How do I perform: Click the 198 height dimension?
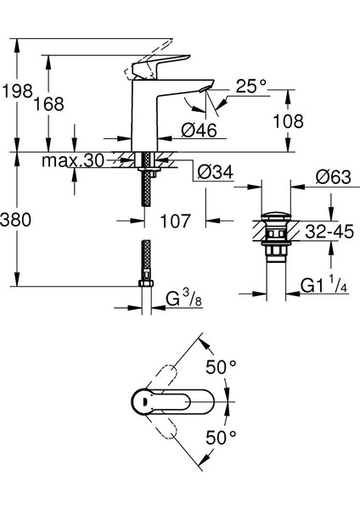[16, 88]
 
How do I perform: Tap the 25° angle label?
[250, 86]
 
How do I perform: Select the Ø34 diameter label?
[216, 173]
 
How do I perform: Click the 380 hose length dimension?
[16, 220]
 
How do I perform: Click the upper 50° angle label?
[223, 367]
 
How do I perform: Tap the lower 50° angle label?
[223, 439]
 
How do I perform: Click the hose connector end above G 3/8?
[147, 263]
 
